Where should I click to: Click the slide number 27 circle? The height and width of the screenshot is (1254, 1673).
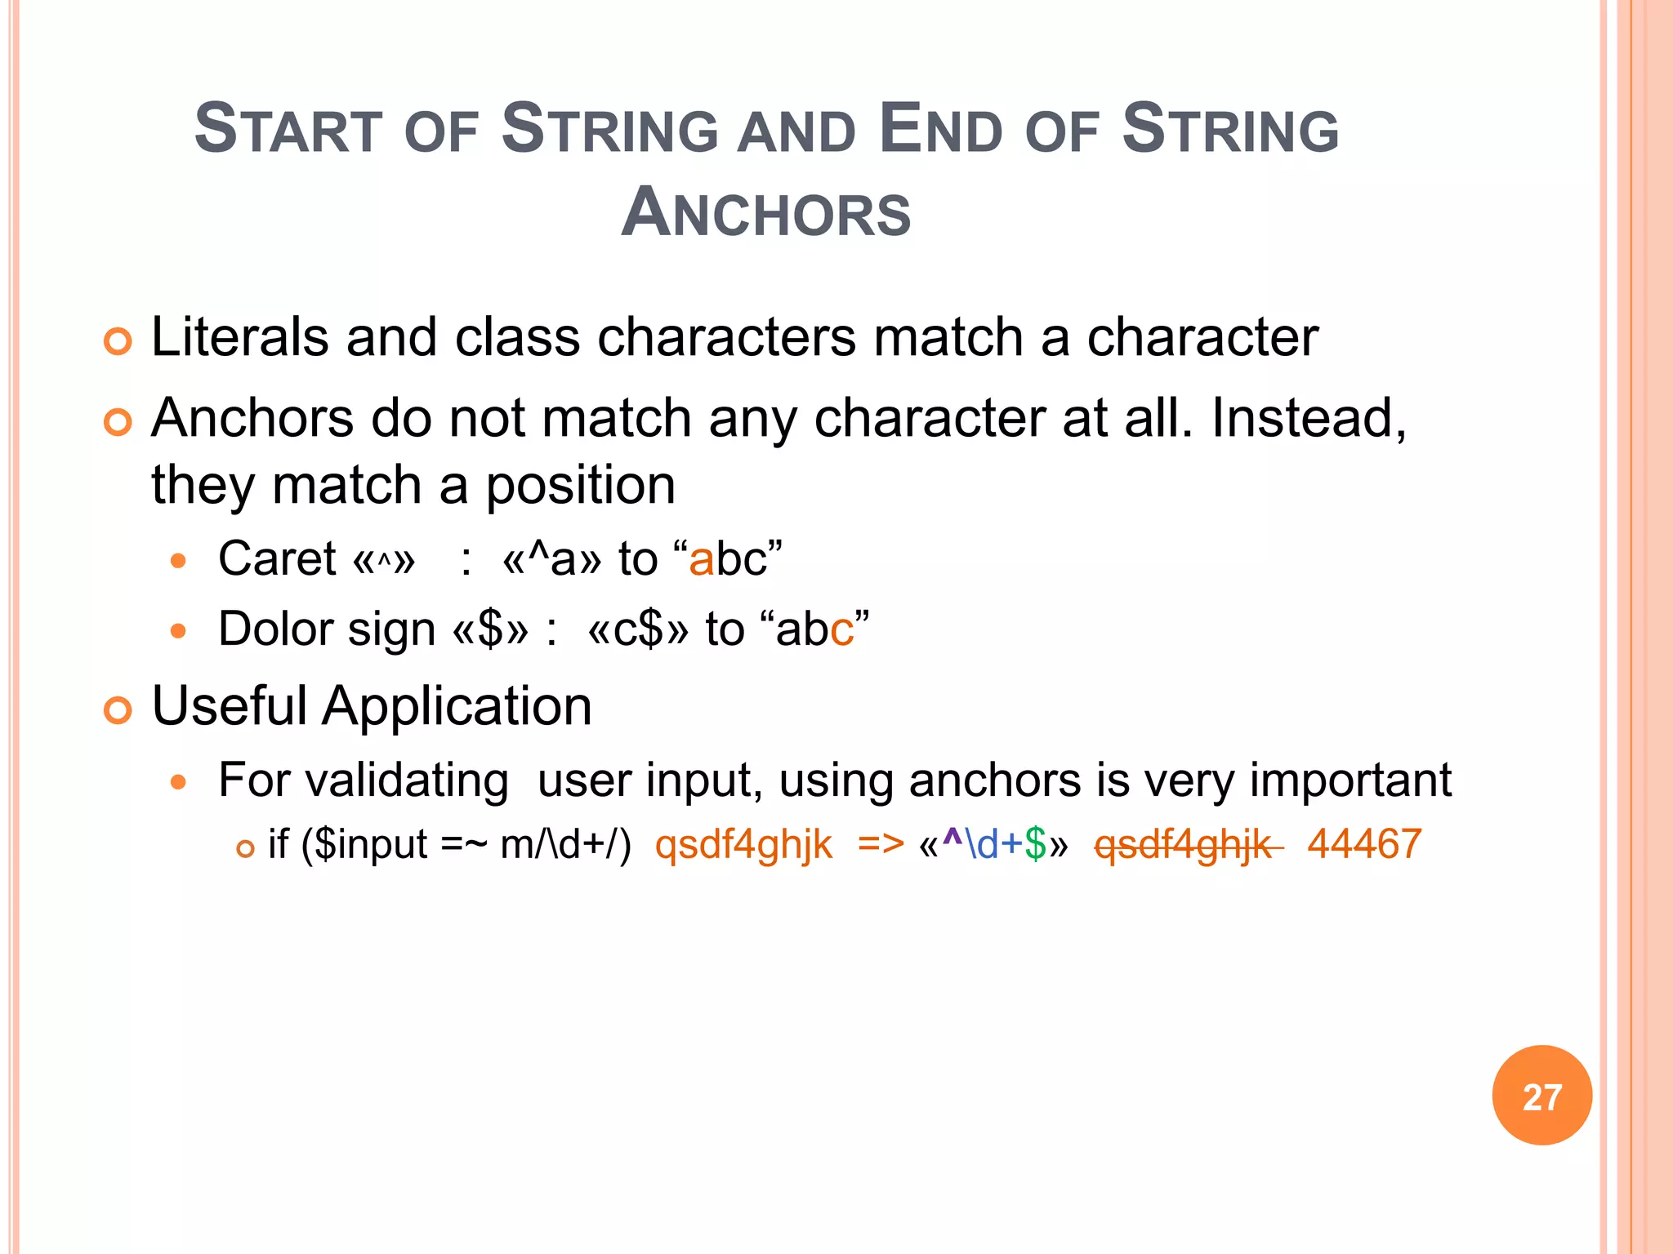(1541, 1096)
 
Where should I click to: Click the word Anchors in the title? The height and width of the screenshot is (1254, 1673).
(765, 213)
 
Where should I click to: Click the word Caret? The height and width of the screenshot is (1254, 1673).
(277, 559)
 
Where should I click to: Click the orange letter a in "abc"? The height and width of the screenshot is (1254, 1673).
(701, 561)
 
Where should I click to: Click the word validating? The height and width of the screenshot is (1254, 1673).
(364, 780)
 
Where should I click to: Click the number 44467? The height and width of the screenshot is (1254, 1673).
(1364, 844)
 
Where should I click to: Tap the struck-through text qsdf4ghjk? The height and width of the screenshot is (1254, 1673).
(1183, 845)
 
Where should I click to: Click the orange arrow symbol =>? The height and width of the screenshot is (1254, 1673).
(881, 844)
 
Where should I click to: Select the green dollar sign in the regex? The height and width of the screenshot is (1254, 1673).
(1035, 844)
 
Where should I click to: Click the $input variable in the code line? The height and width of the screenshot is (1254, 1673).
(371, 844)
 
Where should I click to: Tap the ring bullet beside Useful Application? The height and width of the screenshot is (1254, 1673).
(118, 710)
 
